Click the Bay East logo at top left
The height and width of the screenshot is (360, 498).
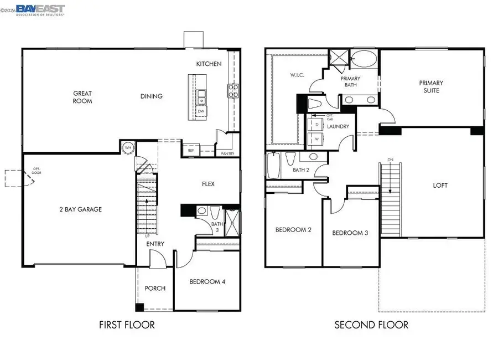[40, 10]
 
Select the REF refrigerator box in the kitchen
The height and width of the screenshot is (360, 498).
[190, 150]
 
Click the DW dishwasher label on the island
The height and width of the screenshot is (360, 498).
[201, 111]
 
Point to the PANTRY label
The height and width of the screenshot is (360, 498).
[227, 153]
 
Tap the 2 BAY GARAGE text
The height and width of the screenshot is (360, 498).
[80, 209]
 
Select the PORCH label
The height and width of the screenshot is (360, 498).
[155, 288]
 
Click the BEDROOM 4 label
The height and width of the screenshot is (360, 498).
[207, 281]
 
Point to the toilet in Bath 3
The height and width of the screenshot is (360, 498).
[202, 211]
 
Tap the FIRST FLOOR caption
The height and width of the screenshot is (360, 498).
[127, 325]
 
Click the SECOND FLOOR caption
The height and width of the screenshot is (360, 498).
[371, 325]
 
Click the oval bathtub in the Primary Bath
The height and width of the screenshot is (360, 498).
[364, 59]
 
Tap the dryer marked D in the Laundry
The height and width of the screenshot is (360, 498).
[317, 126]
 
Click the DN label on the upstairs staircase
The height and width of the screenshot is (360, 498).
[390, 161]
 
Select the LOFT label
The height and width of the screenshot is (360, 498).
[440, 186]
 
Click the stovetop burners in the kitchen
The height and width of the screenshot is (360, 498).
[233, 91]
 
